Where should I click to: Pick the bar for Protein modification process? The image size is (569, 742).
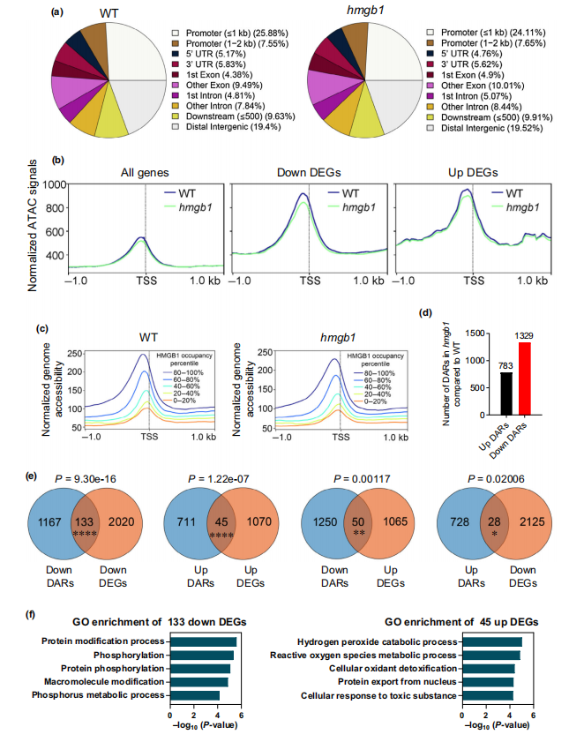tap(203, 641)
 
